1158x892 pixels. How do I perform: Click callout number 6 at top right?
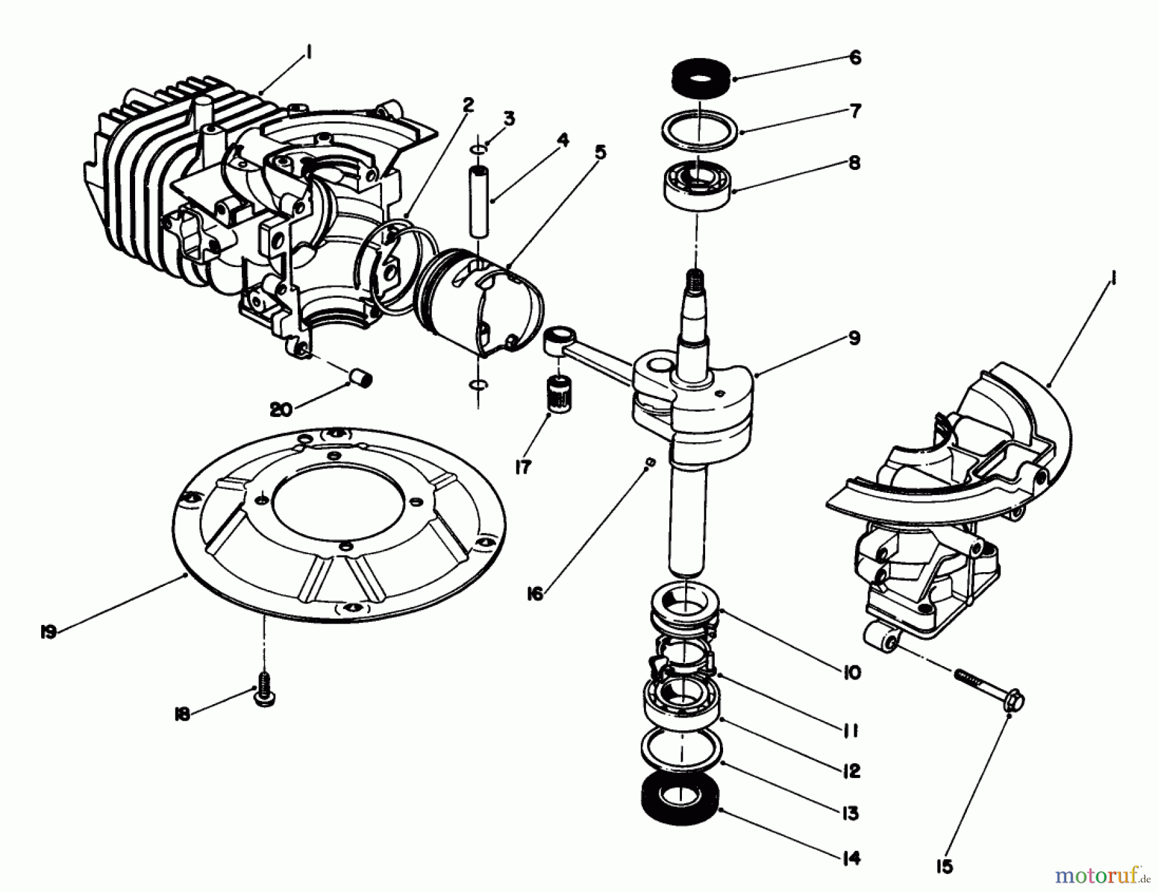(855, 58)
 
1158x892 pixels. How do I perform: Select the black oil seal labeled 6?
(698, 78)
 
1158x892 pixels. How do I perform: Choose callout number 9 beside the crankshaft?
(854, 339)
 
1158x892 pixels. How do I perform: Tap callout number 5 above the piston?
(600, 153)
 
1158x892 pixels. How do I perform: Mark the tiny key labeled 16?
(649, 462)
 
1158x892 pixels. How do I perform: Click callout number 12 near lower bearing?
(850, 770)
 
